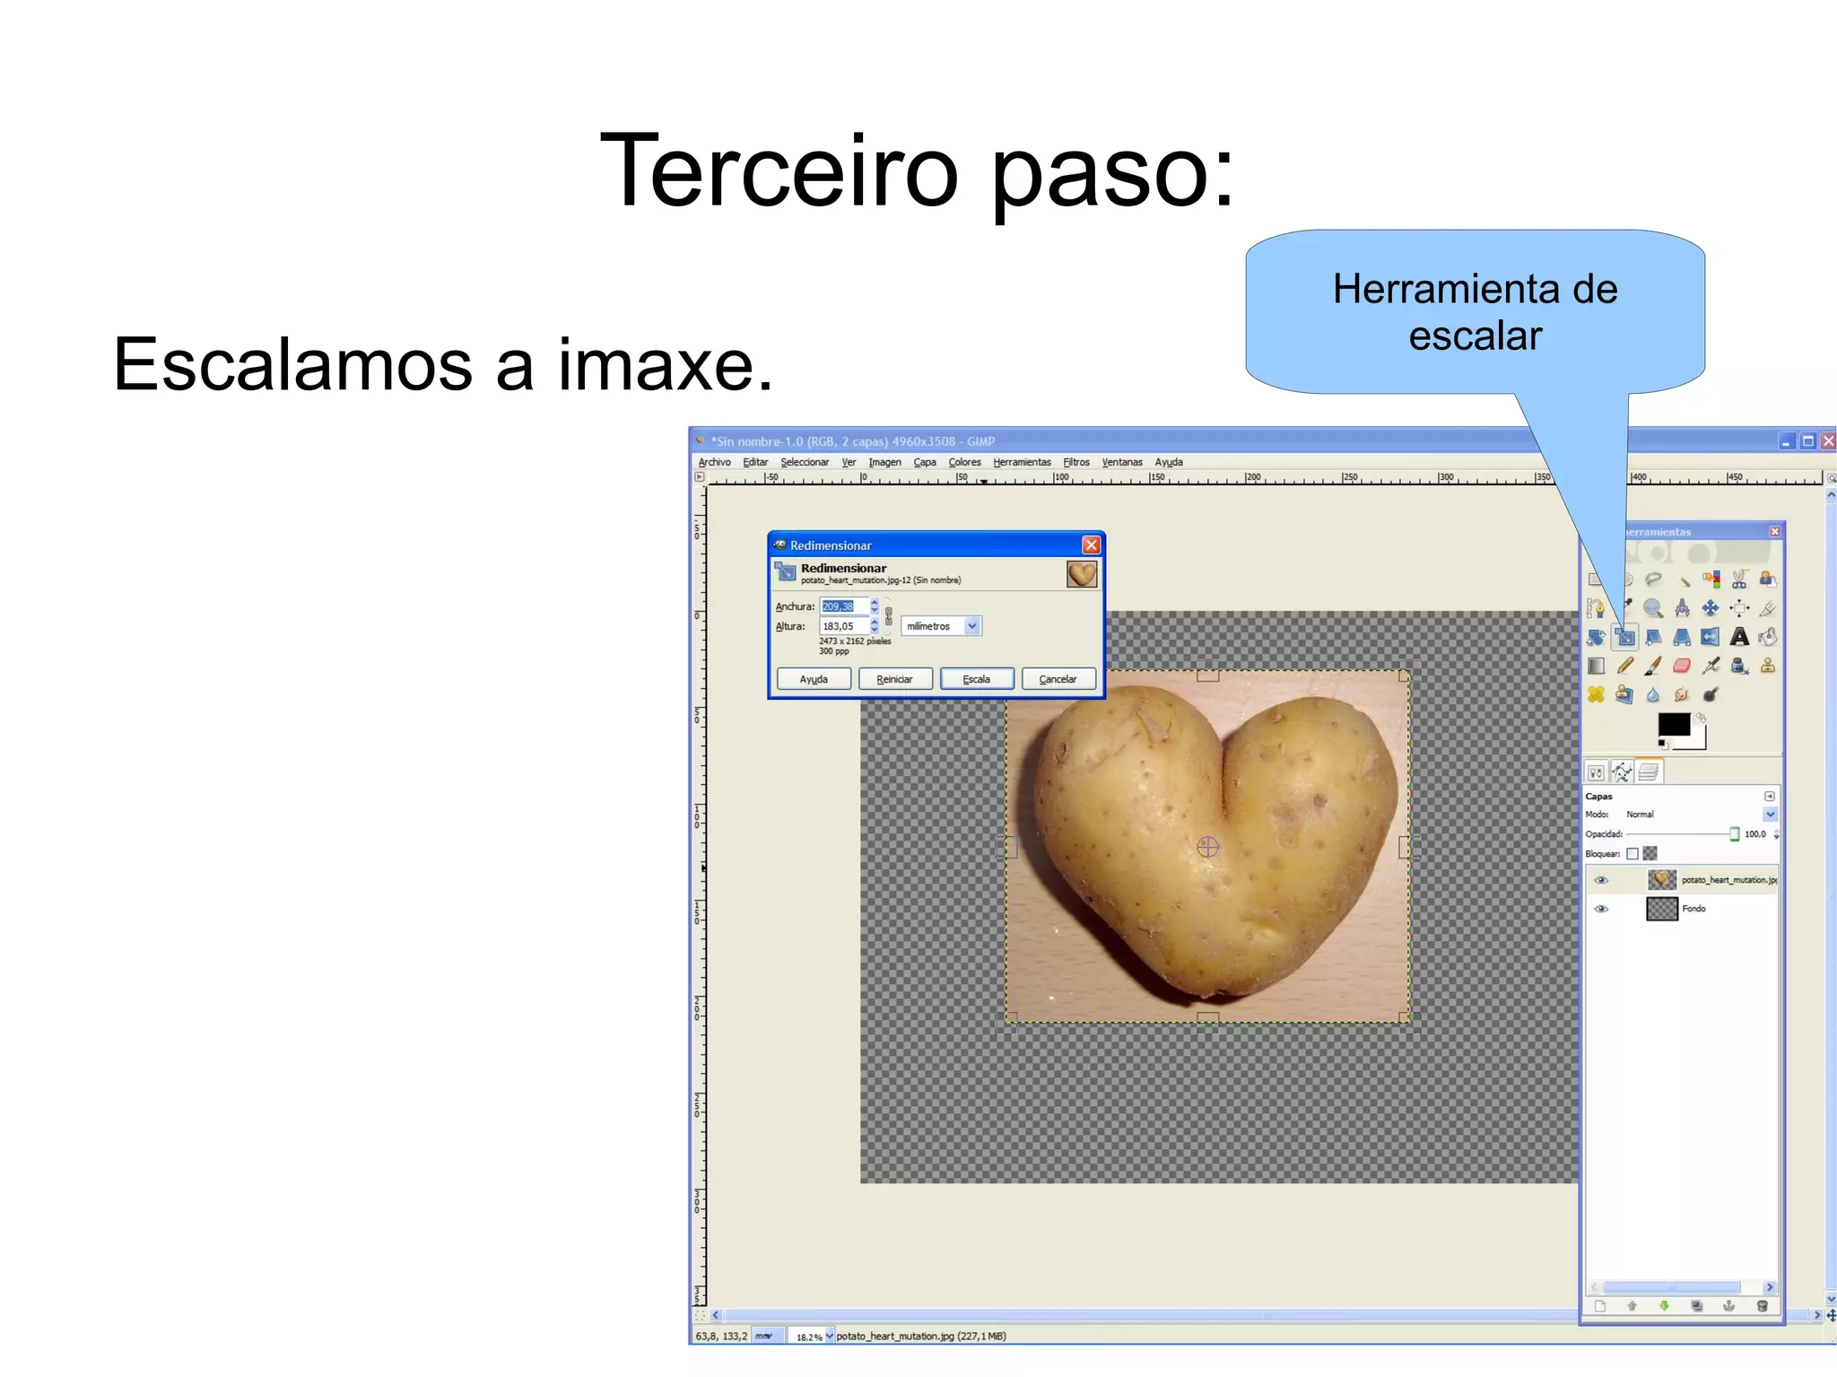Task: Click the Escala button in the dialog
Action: click(x=976, y=679)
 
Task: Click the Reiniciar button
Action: click(x=894, y=679)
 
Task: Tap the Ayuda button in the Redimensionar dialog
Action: click(x=814, y=679)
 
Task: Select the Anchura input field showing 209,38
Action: click(x=842, y=606)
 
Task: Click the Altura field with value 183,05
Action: click(x=842, y=626)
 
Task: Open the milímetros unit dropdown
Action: click(x=941, y=626)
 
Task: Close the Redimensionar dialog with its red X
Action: click(x=1091, y=545)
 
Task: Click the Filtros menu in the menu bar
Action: click(x=1075, y=462)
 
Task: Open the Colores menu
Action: click(x=964, y=462)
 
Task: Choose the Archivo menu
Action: click(x=714, y=462)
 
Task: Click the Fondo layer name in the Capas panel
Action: click(x=1693, y=909)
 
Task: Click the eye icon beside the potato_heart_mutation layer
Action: click(x=1601, y=880)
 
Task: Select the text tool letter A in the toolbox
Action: click(x=1739, y=637)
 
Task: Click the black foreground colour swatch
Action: click(x=1672, y=724)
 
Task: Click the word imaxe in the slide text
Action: click(x=665, y=364)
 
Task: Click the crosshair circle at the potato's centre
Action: click(x=1207, y=846)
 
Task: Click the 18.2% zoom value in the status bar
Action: click(x=809, y=1337)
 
